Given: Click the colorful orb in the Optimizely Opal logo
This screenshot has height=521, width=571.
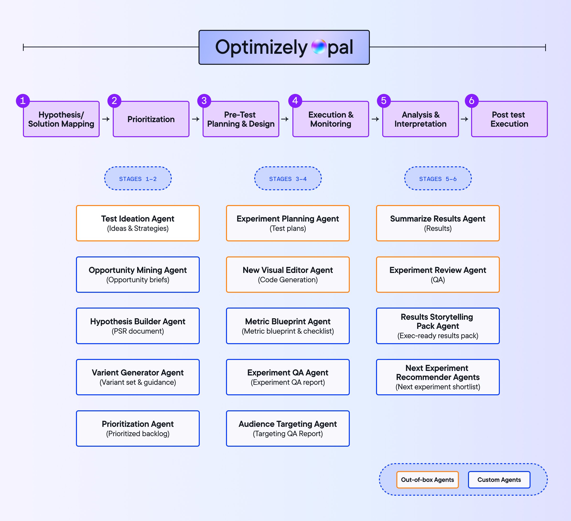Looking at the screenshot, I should click(319, 47).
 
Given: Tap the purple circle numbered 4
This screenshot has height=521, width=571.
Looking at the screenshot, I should click(295, 101).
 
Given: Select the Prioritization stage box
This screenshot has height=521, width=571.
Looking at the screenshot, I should click(151, 119).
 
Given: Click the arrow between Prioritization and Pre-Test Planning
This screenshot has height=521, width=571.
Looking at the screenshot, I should click(196, 119).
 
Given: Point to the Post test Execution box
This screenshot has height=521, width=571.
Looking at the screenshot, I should click(509, 119).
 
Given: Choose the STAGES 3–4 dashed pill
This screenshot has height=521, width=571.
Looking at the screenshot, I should click(288, 179).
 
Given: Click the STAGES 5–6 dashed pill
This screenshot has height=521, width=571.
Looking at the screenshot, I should click(438, 179).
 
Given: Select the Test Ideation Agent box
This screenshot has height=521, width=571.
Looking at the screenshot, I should click(138, 223).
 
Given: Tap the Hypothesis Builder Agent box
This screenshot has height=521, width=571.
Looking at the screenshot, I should click(138, 326).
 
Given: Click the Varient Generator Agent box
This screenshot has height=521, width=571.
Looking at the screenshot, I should click(138, 377).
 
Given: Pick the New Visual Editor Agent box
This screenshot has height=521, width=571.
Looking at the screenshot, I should click(288, 275).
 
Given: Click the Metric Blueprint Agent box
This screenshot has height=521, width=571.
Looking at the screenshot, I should click(288, 326).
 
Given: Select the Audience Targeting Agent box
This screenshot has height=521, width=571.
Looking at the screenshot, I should click(288, 428).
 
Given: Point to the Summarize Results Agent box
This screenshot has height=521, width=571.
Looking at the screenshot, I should click(438, 223).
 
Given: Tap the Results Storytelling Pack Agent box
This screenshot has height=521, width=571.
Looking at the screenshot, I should click(438, 326).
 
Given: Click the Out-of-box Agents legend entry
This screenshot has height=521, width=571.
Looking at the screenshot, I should click(427, 480).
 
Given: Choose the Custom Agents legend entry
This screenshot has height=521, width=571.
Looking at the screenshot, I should click(499, 480).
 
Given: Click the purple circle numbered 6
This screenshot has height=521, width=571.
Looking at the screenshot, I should click(472, 101).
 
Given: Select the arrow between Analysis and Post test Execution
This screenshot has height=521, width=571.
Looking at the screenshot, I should click(464, 119).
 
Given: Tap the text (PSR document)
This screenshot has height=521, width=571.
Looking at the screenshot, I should click(138, 331).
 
